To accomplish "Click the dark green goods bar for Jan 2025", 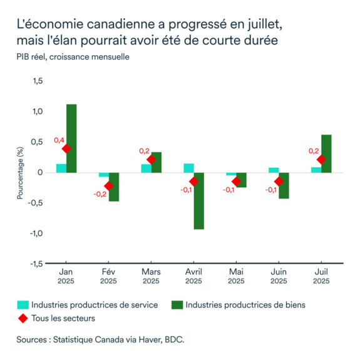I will [71, 138].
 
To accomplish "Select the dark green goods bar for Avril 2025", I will [199, 200].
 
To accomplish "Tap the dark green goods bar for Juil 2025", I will [326, 153].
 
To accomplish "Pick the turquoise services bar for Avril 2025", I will [188, 168].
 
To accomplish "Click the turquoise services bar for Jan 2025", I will [61, 168].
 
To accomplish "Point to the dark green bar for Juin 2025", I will [284, 185].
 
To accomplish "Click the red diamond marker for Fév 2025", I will [108, 185].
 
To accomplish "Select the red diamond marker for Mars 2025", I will [151, 160].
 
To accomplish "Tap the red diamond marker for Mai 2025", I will [236, 182].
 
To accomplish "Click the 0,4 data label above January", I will [59, 140].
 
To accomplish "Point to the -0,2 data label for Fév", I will [100, 194].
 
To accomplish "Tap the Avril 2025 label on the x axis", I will [193, 276].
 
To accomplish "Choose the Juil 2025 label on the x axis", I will [321, 276].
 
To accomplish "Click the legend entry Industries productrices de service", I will [94, 305].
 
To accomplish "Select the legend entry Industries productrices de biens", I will [245, 305].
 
